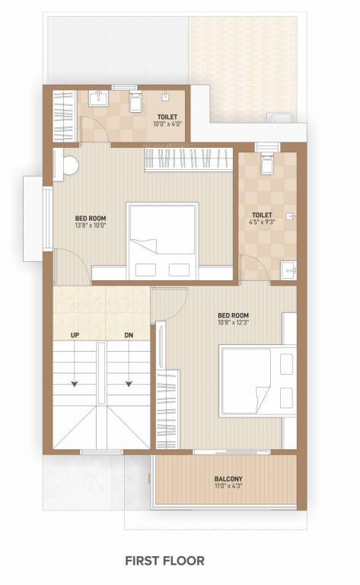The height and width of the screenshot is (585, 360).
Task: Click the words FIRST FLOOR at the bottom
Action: coord(164,561)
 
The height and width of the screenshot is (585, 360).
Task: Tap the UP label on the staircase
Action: coord(75,335)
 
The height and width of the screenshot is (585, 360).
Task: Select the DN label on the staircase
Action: coord(129,335)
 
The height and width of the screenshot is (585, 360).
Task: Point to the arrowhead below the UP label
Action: coord(75,384)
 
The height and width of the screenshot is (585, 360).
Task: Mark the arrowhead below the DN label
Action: coord(129,384)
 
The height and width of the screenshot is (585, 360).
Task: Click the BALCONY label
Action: coord(228,479)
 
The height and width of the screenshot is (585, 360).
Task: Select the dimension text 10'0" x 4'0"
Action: coord(167,124)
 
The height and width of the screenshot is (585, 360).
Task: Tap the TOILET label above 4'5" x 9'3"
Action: coord(262,215)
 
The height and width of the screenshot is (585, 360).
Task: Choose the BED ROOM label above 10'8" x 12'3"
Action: coord(233,315)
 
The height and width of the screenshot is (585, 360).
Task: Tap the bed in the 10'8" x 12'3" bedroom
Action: coord(256,380)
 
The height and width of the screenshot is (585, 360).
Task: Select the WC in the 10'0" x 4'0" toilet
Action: coord(136,101)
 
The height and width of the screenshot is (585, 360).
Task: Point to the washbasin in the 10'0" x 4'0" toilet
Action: coord(97,99)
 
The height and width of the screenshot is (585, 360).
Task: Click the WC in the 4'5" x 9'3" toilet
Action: coord(268,163)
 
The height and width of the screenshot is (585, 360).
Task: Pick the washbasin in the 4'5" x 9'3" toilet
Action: coord(287,269)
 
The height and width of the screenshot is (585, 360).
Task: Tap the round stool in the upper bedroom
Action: coord(70,165)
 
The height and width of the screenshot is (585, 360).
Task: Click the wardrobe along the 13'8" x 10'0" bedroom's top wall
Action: coord(187,159)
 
